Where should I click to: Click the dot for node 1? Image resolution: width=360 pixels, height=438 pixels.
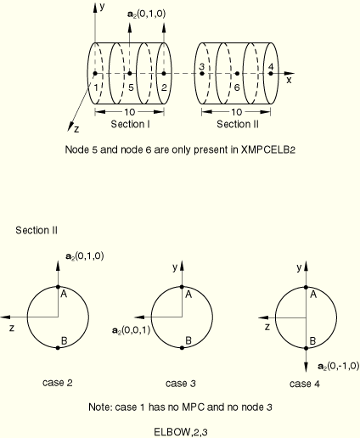(95, 74)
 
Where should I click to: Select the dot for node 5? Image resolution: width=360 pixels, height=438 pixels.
(130, 74)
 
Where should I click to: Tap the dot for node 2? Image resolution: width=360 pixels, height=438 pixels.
(164, 74)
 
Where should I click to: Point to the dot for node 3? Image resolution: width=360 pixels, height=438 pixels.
(202, 74)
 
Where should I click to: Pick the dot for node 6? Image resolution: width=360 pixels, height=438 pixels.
(238, 74)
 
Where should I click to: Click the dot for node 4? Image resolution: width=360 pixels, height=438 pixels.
(271, 74)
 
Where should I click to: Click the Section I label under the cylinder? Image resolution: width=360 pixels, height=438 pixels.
(130, 124)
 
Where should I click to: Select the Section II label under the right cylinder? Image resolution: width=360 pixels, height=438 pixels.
(238, 124)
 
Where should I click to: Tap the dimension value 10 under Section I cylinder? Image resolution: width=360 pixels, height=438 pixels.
(130, 112)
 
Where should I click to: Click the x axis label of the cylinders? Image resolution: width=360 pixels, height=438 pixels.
(289, 81)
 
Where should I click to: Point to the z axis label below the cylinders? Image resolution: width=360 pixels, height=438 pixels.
(76, 129)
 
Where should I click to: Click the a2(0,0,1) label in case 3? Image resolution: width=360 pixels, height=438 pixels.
(131, 330)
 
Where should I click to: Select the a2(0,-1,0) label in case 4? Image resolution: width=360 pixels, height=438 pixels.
(339, 366)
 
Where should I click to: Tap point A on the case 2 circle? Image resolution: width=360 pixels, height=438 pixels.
(58, 287)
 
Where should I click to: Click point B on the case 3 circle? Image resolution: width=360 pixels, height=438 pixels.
(182, 348)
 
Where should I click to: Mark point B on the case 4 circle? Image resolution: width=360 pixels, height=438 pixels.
(306, 348)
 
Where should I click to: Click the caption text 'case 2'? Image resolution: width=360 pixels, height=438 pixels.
(58, 383)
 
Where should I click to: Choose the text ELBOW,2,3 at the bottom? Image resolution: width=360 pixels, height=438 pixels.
(181, 432)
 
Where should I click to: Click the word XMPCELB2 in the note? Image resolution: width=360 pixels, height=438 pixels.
(268, 149)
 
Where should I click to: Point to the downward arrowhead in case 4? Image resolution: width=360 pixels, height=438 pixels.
(306, 367)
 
